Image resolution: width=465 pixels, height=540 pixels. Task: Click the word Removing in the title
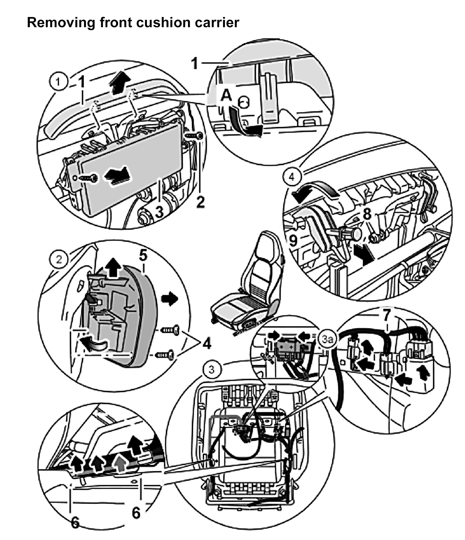60,22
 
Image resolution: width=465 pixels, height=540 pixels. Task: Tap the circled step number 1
58,83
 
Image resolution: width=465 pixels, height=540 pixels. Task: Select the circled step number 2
59,260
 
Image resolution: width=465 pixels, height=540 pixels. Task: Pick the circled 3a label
328,340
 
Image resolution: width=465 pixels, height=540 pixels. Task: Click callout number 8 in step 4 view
367,215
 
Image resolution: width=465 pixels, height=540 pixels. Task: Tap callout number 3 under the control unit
159,211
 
